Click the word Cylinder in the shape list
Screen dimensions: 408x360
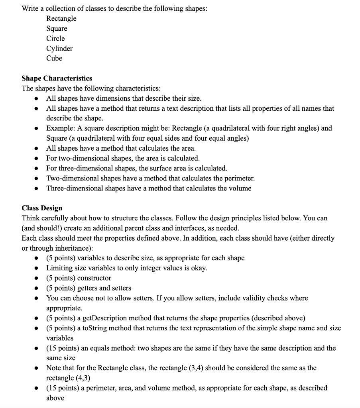click(x=59, y=49)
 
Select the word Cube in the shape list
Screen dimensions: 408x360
click(x=54, y=59)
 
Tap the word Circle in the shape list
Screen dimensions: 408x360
click(x=55, y=39)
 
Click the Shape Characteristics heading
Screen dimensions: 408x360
click(x=57, y=78)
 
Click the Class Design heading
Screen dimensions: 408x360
click(x=42, y=208)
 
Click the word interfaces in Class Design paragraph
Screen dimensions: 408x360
click(x=204, y=228)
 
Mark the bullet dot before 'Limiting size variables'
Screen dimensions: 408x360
click(x=37, y=268)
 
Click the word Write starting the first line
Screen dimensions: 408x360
click(x=31, y=8)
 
